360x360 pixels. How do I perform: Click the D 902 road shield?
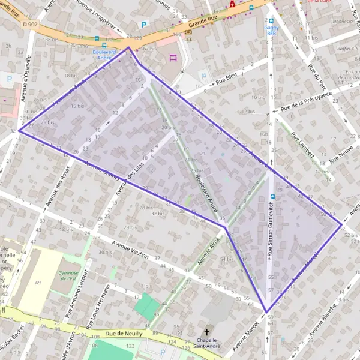(x=28, y=24)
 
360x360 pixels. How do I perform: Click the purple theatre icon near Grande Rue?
(x=174, y=58)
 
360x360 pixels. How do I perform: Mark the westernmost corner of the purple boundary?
(x=19, y=130)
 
